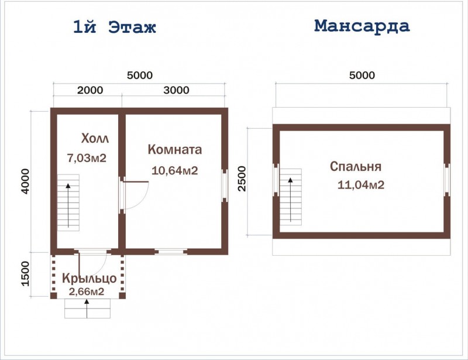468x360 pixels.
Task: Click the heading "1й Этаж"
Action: click(x=115, y=27)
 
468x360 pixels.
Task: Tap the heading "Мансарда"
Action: click(x=362, y=26)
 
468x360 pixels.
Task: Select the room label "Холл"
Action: click(x=95, y=138)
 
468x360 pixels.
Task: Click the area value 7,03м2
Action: click(x=87, y=157)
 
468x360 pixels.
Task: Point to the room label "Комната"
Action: click(x=175, y=149)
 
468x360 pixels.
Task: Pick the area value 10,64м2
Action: click(x=175, y=170)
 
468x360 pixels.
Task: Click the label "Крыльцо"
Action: click(x=90, y=279)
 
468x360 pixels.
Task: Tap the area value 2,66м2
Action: click(x=87, y=292)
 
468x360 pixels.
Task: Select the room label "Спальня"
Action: click(x=356, y=166)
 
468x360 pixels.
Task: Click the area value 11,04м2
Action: click(x=361, y=185)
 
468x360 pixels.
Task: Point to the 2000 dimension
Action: click(x=90, y=90)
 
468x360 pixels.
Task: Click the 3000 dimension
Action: click(x=177, y=90)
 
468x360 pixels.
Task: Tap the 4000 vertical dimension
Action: click(x=26, y=181)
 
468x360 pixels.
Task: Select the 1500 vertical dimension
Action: click(x=26, y=274)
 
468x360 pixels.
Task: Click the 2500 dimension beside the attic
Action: click(x=242, y=179)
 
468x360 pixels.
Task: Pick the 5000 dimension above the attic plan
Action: click(x=362, y=75)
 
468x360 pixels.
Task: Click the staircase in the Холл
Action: click(x=68, y=203)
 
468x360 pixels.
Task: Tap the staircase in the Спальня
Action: click(x=290, y=197)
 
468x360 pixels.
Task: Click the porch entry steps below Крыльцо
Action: click(x=87, y=308)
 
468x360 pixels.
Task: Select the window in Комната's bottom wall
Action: click(x=171, y=252)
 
